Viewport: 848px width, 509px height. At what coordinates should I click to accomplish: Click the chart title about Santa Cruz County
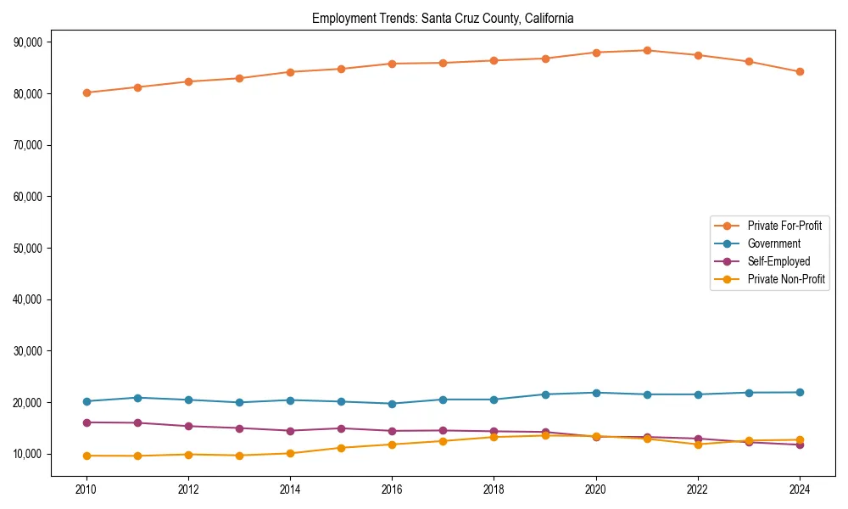coord(443,18)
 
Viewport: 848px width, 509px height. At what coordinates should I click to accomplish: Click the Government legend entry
coord(773,243)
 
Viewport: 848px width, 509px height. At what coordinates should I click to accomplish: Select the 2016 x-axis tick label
coord(392,489)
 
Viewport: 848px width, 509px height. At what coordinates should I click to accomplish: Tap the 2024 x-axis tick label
coord(800,489)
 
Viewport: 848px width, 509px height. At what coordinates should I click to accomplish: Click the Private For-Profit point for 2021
coord(647,50)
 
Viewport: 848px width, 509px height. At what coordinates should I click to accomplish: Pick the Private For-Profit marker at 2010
coord(86,92)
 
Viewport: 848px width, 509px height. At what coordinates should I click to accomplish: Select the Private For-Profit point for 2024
coord(800,71)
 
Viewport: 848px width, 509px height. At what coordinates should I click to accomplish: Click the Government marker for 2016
coord(392,404)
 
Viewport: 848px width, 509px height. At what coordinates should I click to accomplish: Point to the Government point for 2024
coord(800,392)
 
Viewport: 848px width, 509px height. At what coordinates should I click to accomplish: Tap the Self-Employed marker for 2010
coord(86,422)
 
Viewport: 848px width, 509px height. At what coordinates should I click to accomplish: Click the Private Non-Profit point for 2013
coord(239,456)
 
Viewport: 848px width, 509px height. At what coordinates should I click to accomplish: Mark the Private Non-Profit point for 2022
coord(698,445)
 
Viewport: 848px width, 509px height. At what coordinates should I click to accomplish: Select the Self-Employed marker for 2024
coord(800,445)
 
